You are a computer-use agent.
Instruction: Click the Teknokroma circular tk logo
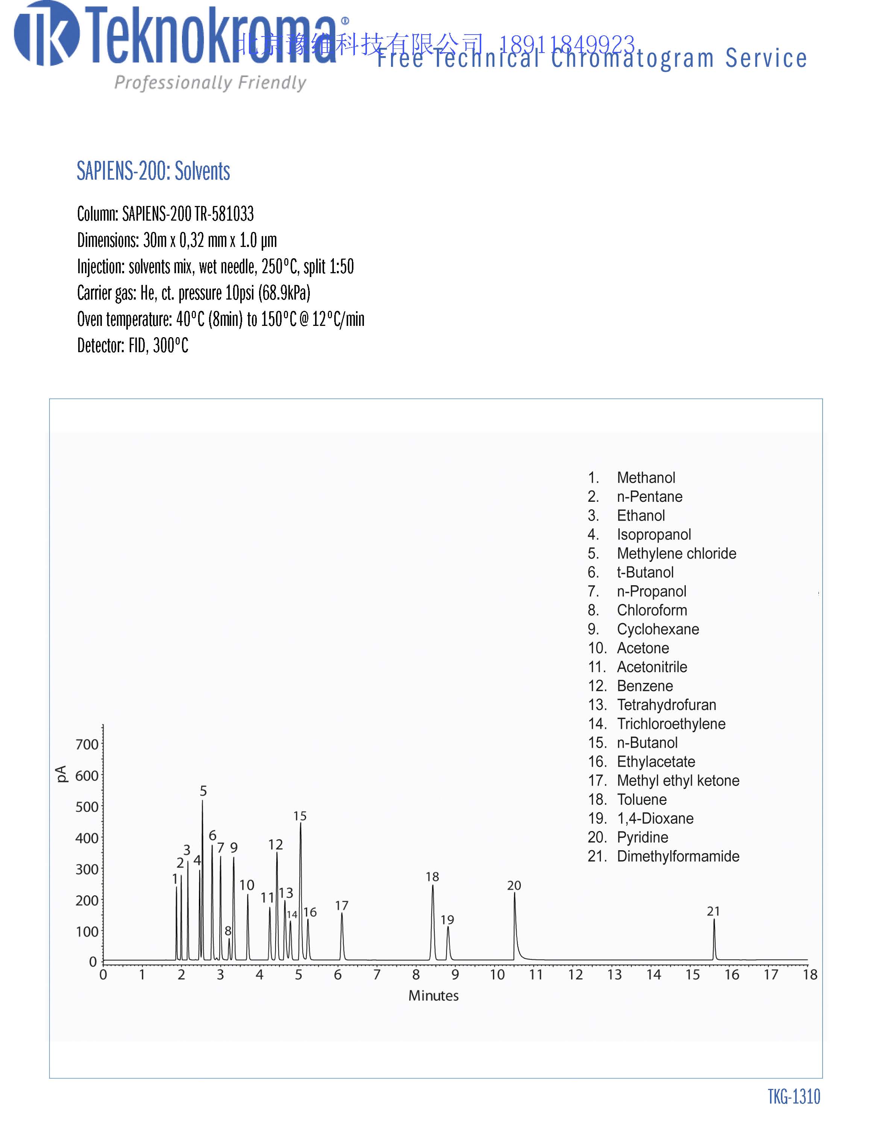point(47,34)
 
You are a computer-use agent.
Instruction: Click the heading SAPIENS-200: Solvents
point(153,171)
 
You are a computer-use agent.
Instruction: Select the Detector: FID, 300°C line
point(133,345)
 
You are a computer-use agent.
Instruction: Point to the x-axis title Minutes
point(433,996)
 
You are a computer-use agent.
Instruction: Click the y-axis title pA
point(61,774)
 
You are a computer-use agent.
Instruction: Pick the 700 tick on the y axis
point(87,745)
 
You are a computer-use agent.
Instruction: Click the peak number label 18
point(432,877)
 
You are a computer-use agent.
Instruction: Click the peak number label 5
point(203,790)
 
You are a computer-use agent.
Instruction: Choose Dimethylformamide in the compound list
point(678,856)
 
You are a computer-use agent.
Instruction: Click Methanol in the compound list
point(646,477)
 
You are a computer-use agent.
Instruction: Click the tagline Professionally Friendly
point(210,83)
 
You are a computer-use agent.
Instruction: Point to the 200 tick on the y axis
point(87,900)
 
